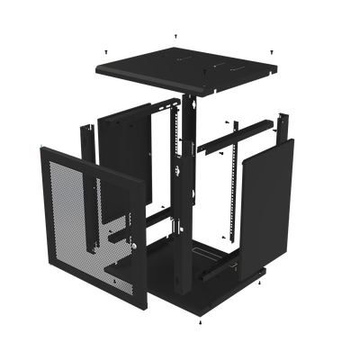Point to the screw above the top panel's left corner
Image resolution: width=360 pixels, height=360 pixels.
coord(107,50)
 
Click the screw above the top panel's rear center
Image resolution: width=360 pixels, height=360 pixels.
coord(175,35)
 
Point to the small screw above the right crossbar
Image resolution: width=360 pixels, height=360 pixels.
coord(229,119)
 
